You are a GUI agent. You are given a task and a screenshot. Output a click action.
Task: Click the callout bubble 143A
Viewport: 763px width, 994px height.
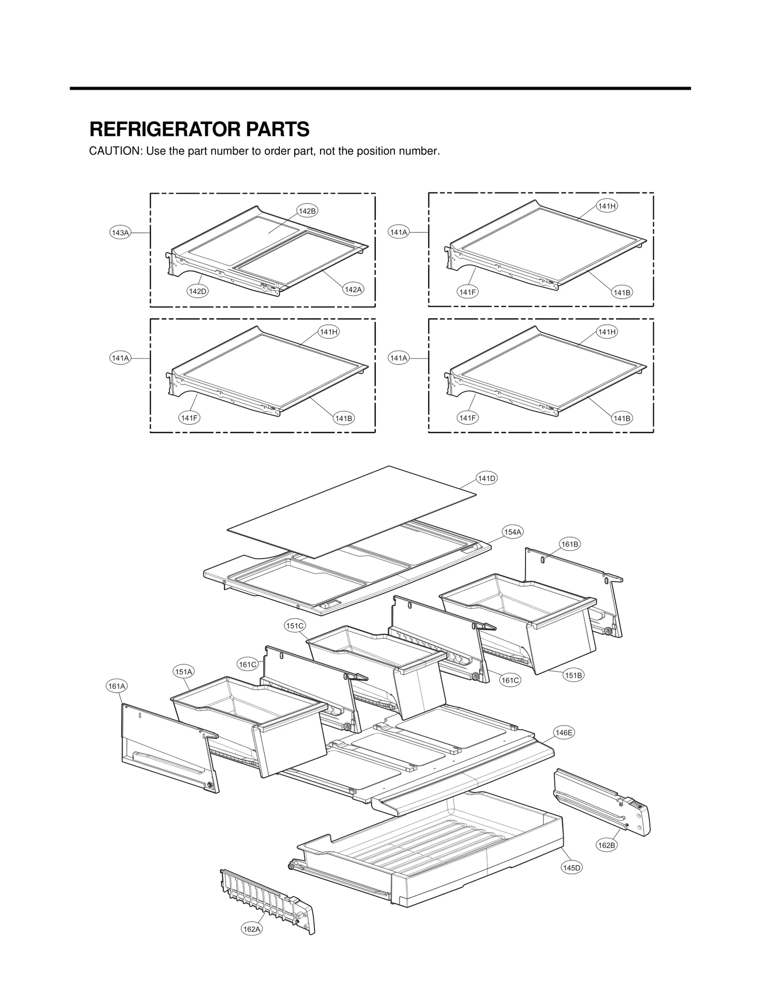[x=120, y=232]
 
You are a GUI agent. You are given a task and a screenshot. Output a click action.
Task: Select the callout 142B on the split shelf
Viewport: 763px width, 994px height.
[x=307, y=211]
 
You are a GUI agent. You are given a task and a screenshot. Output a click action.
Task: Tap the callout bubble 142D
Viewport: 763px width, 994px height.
[x=197, y=291]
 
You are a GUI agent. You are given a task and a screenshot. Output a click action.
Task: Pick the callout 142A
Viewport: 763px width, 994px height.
[x=353, y=289]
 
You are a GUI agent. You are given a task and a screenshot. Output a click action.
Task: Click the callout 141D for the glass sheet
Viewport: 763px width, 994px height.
[x=487, y=478]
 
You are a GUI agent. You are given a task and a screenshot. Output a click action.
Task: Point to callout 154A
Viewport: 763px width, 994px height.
[x=513, y=532]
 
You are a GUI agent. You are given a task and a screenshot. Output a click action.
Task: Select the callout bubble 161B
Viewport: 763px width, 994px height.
[x=569, y=544]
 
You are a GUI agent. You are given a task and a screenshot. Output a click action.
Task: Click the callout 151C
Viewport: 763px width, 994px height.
[x=294, y=626]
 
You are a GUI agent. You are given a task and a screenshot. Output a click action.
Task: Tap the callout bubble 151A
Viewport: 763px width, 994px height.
[x=183, y=672]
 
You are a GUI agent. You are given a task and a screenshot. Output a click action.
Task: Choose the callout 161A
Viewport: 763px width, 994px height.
[x=116, y=686]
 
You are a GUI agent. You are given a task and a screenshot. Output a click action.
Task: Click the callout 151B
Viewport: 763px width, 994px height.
[x=573, y=675]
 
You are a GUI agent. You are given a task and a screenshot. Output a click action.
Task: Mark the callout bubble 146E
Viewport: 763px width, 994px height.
[x=564, y=733]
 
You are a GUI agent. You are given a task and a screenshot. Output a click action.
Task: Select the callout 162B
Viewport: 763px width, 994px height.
[x=607, y=845]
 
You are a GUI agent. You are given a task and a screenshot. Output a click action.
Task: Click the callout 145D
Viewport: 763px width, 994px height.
[x=571, y=868]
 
